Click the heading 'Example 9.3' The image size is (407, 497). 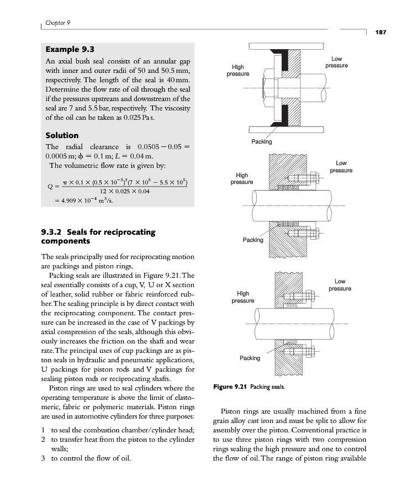68,49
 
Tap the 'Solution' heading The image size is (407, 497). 62,135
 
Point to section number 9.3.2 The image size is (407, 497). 54,231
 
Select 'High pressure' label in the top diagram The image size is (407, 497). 238,70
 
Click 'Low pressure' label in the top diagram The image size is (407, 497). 336,62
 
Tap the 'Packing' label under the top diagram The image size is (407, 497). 262,141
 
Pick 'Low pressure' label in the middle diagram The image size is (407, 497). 341,166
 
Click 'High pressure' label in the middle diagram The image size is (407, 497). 242,178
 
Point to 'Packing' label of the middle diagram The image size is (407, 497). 253,240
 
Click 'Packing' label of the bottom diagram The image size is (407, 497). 250,358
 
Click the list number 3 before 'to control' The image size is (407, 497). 43,458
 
